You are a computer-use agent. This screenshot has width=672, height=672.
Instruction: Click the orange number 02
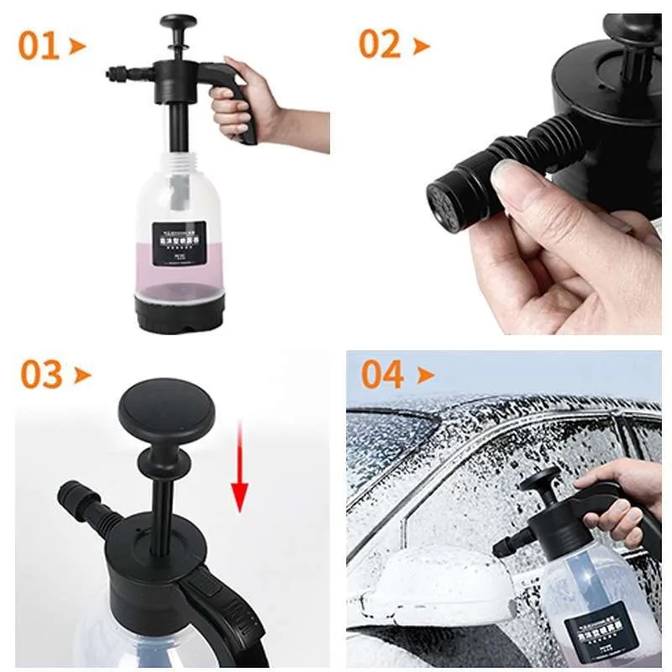point(381,44)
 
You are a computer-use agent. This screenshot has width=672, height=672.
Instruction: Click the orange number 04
point(382,375)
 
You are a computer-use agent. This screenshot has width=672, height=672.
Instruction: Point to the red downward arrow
point(240,471)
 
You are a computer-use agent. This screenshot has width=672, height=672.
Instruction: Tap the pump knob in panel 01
point(178,23)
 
